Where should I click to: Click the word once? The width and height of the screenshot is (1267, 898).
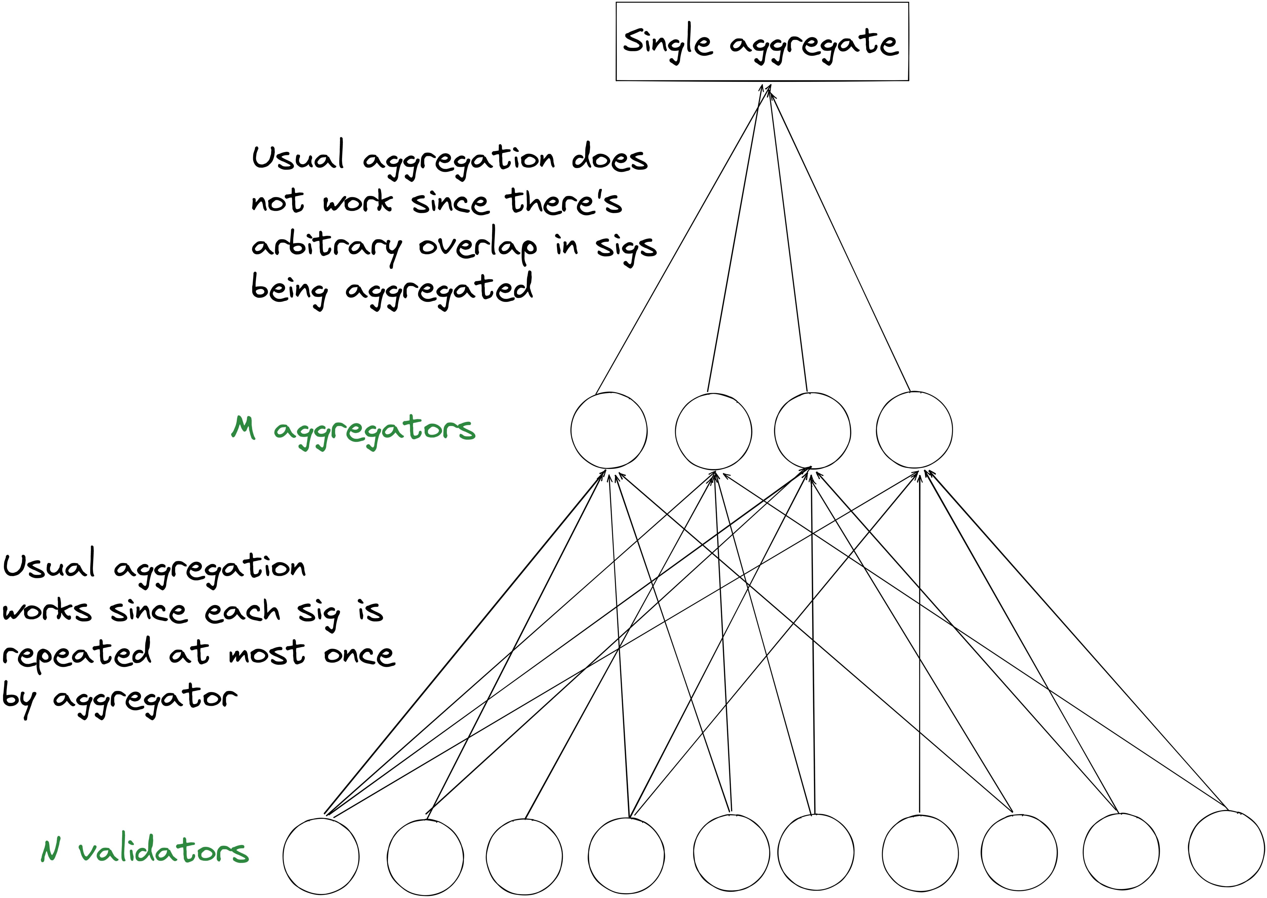(x=359, y=655)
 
